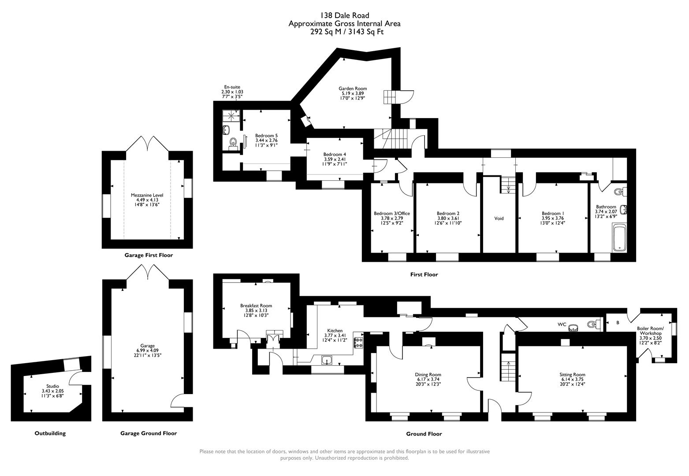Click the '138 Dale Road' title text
(344, 16)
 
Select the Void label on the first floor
(499, 218)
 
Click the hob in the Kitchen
(358, 342)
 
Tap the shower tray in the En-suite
(231, 115)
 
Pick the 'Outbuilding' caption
(50, 433)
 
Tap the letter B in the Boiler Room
(618, 323)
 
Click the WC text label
(562, 324)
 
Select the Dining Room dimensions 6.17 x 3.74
(428, 379)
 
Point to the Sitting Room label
(573, 375)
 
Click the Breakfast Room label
(256, 305)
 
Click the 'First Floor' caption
(424, 275)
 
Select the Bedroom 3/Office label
(391, 213)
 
